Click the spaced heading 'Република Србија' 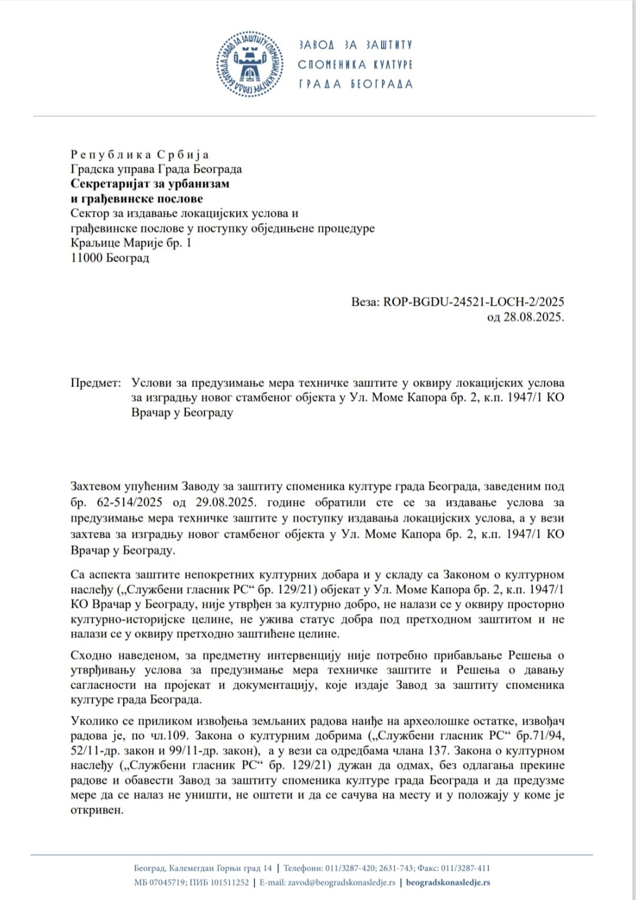(140, 154)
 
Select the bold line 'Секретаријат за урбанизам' (150, 184)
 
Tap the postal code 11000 (87, 258)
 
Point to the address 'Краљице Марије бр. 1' (131, 243)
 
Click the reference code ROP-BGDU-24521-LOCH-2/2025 (473, 302)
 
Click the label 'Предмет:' (95, 383)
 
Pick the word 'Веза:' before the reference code (365, 302)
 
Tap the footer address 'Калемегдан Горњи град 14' (220, 868)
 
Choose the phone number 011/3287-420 (351, 868)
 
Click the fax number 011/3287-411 (466, 868)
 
